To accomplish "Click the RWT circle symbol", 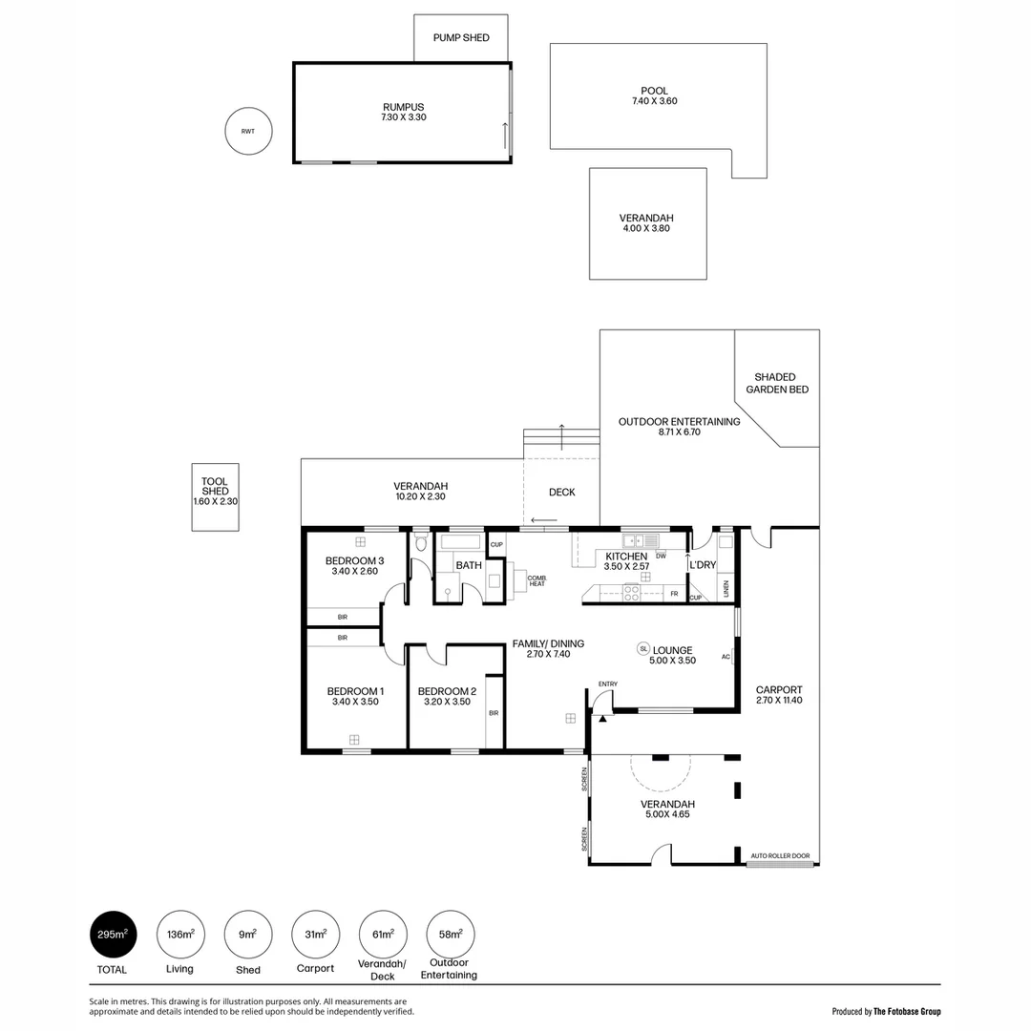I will click(x=247, y=132).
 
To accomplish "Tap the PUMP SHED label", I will click(x=461, y=38).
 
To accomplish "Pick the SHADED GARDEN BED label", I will click(x=774, y=383).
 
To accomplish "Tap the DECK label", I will click(x=561, y=493).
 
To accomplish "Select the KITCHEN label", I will click(x=626, y=557).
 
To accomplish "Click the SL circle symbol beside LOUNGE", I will click(x=643, y=649).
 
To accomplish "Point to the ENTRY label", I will click(x=608, y=684).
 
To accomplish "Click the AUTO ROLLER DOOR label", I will click(x=780, y=855).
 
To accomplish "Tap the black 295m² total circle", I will click(x=114, y=935).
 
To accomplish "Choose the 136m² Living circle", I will click(x=180, y=935).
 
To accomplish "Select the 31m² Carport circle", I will click(x=315, y=935).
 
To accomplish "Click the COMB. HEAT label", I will click(x=537, y=580).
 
